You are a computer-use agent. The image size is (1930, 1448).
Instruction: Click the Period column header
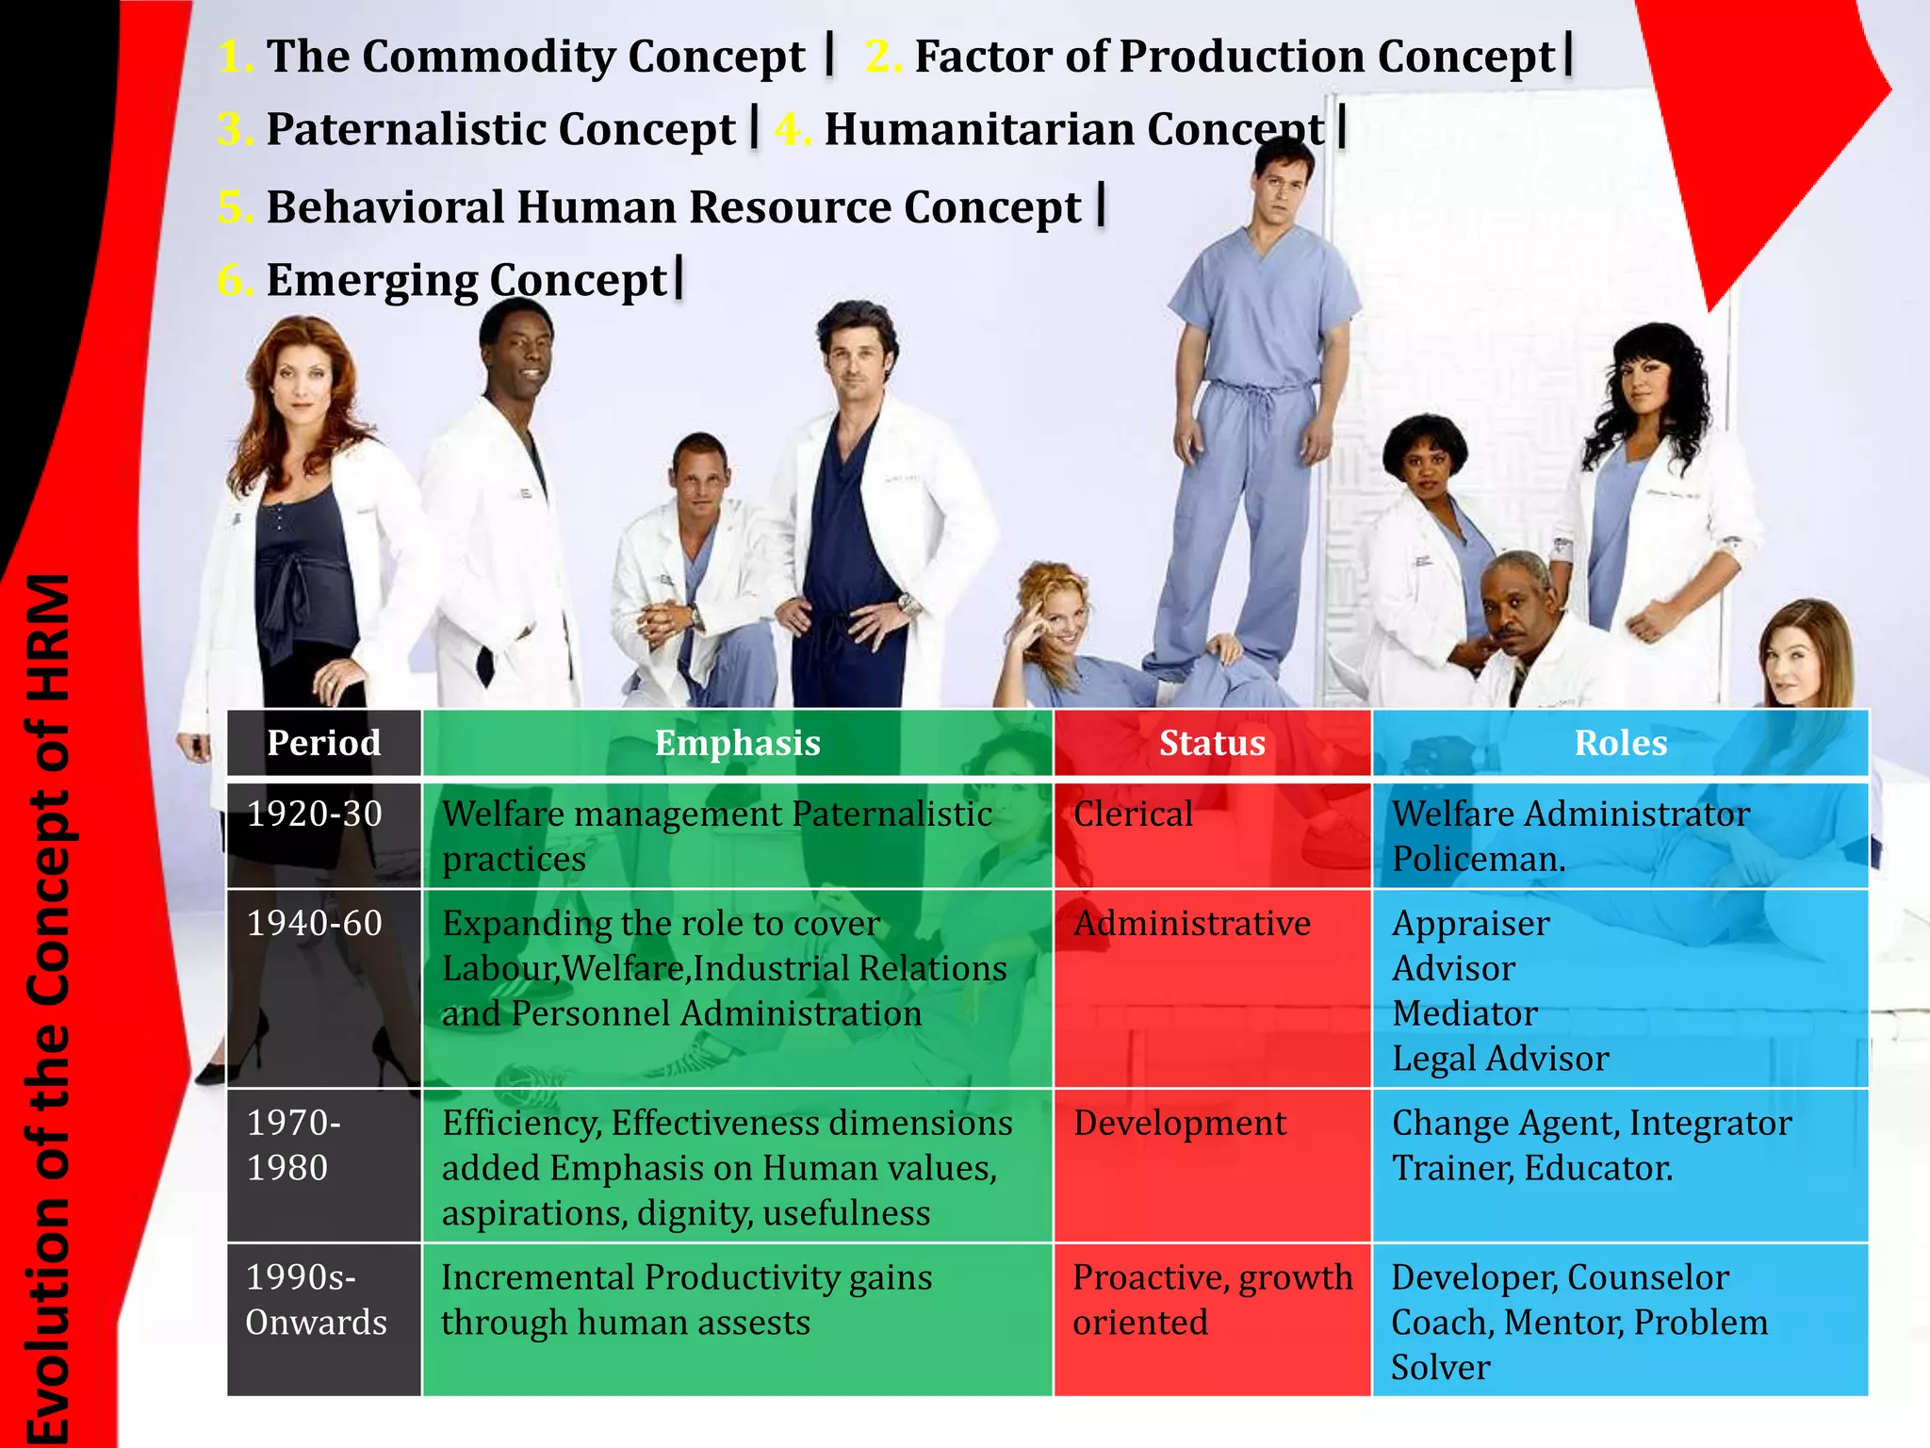(323, 743)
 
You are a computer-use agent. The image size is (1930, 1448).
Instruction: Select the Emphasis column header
(737, 743)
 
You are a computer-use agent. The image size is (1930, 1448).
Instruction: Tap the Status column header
(1212, 743)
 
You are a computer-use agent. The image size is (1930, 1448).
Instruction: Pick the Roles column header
(1620, 743)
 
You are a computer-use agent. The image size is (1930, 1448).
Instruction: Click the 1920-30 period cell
(315, 814)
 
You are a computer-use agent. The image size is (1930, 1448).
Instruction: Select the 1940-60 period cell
(315, 923)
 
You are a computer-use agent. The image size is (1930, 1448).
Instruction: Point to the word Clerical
(1133, 814)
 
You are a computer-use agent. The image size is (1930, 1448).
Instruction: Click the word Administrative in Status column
(1192, 923)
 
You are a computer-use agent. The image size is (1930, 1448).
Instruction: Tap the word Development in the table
(1180, 1123)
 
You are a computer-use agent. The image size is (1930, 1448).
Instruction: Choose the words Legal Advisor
(1500, 1059)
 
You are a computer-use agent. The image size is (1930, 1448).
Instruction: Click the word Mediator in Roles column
(1464, 1013)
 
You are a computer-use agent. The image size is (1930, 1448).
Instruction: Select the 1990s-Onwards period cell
(317, 1300)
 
